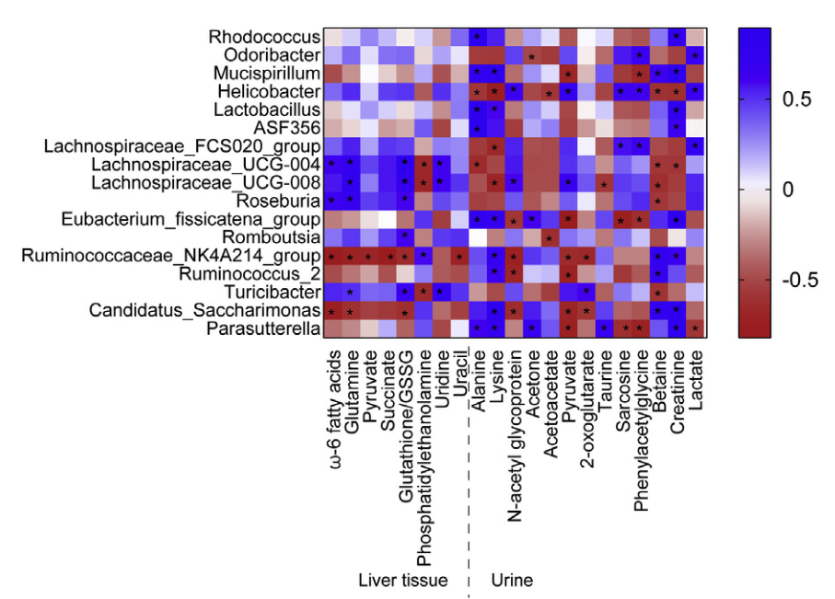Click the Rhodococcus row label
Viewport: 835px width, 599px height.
coord(263,38)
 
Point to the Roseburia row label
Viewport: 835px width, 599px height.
coord(275,200)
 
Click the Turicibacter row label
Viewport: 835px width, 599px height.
coord(272,291)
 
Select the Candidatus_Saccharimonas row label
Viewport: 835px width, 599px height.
coord(204,309)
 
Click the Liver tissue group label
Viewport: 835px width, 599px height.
coord(402,581)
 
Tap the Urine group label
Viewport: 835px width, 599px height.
coord(512,581)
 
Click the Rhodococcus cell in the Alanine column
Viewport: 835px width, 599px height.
coord(477,38)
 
